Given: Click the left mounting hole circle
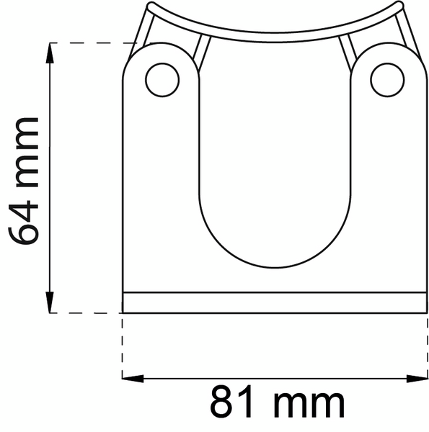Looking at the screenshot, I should point(162,79).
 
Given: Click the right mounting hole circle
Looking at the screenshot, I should point(387,79).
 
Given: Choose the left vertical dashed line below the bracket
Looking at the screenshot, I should point(123,346).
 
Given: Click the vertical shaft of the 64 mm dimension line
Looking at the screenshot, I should point(50,180).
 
